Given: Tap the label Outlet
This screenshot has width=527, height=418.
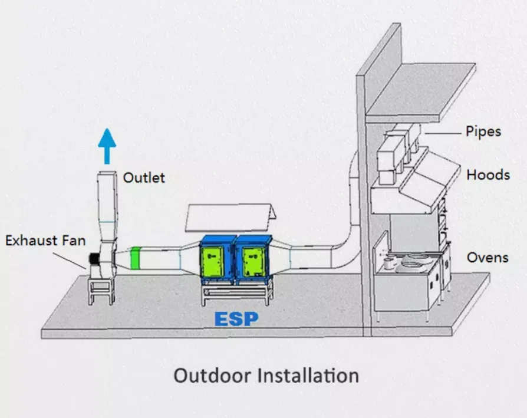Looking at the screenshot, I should (144, 177).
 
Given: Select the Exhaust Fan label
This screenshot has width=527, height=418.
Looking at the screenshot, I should (46, 241).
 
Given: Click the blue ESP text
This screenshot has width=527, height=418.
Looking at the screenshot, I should (236, 319).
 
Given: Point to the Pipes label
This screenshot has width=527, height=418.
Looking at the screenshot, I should (483, 131).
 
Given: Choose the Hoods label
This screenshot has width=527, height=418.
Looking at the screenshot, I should (488, 175).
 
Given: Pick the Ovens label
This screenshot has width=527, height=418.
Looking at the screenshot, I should (488, 258).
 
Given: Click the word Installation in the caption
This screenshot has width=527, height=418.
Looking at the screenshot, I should (309, 376).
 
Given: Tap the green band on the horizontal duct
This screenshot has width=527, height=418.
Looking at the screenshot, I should (136, 258).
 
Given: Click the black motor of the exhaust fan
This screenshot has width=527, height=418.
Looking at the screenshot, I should (93, 259).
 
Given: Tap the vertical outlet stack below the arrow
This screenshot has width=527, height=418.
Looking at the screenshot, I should (107, 200).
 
